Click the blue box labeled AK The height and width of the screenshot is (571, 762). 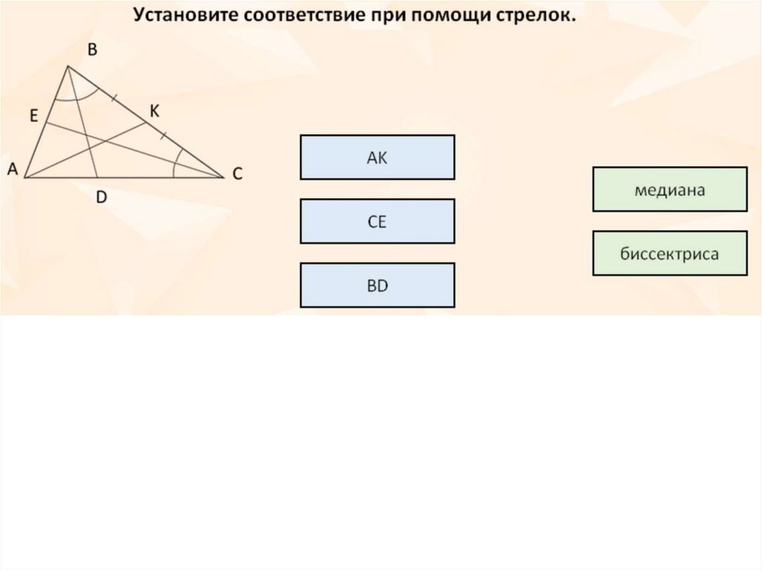pos(377,157)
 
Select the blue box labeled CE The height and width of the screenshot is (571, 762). pos(377,221)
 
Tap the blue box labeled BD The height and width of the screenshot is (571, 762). pos(377,285)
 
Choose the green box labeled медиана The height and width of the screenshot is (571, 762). pos(669,190)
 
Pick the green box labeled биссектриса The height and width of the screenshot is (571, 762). pos(669,254)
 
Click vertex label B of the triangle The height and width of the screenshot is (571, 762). pos(92,51)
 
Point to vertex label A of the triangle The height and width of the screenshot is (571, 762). pos(12,170)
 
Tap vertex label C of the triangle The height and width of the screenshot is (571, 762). pos(237,174)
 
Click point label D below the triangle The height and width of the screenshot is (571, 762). pos(102,197)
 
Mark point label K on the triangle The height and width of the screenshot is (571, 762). pos(154,111)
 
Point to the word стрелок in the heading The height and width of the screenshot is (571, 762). pos(538,16)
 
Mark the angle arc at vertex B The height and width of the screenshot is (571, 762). pos(76,97)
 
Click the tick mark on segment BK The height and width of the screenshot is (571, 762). pos(114,98)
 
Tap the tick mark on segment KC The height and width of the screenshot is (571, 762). pos(163,135)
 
